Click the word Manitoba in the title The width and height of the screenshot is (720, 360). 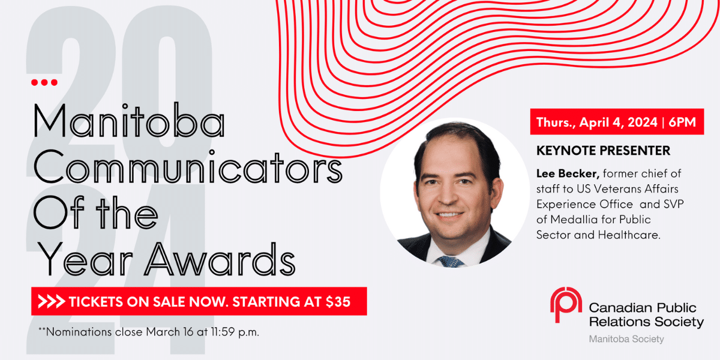click(129, 121)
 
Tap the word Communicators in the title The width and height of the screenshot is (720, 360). click(188, 167)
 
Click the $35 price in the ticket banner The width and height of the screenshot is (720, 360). click(338, 301)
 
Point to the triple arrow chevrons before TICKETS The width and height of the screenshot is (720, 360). click(52, 301)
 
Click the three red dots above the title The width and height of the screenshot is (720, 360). click(44, 83)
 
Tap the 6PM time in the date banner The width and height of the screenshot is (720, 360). click(682, 122)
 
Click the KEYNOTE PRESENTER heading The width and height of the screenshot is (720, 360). click(604, 151)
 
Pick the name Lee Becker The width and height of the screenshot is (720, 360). click(568, 173)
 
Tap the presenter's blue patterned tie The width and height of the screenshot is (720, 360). click(451, 262)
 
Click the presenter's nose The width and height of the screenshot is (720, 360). click(449, 197)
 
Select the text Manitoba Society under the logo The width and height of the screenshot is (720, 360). click(626, 339)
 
